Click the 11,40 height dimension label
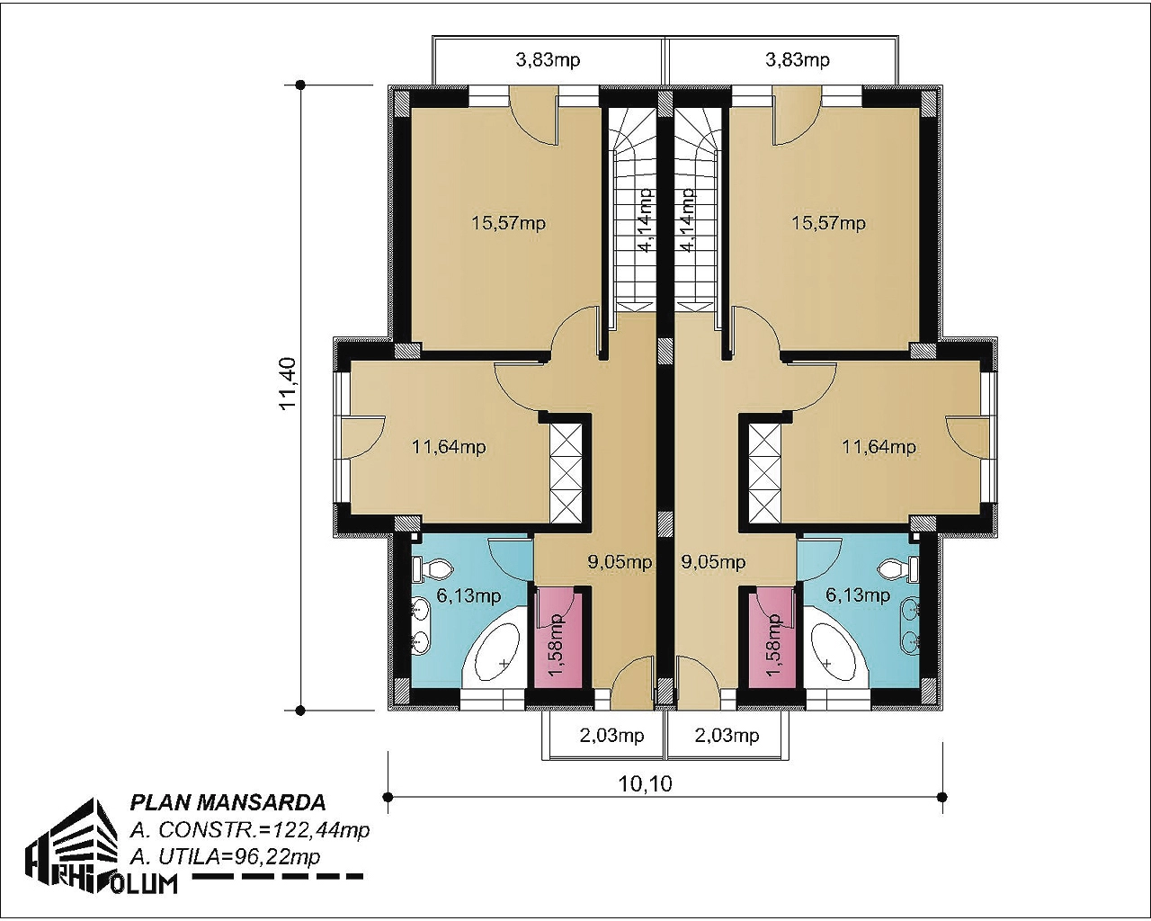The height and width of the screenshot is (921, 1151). pyautogui.click(x=288, y=383)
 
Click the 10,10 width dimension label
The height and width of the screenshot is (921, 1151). pyautogui.click(x=645, y=784)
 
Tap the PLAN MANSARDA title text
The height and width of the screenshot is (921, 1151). pyautogui.click(x=228, y=803)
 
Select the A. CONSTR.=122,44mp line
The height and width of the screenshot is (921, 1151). pyautogui.click(x=250, y=830)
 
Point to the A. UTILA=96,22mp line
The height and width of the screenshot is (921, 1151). pyautogui.click(x=225, y=857)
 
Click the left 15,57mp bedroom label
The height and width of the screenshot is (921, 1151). pyautogui.click(x=508, y=223)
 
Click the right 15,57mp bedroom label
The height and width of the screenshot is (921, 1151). pyautogui.click(x=828, y=223)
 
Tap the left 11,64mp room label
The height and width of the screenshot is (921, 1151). pyautogui.click(x=449, y=446)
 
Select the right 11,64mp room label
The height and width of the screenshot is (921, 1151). pyautogui.click(x=879, y=446)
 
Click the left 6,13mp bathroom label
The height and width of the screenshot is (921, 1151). pyautogui.click(x=469, y=595)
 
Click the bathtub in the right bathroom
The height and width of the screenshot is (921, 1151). pyautogui.click(x=836, y=651)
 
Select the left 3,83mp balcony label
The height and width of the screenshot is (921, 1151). pyautogui.click(x=548, y=59)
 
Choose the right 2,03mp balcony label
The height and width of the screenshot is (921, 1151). pyautogui.click(x=727, y=736)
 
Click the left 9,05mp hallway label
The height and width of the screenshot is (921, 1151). pyautogui.click(x=620, y=562)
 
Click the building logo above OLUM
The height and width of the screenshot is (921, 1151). pyautogui.click(x=72, y=841)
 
